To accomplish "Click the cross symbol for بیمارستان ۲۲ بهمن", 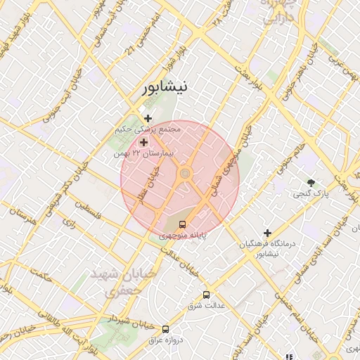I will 143,143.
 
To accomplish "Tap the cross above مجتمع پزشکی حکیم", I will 148,118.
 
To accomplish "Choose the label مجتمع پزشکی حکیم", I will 149,129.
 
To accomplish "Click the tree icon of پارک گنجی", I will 311,182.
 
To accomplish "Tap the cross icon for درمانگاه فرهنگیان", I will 267,233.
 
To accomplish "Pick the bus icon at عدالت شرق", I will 206,295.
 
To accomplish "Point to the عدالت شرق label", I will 205,306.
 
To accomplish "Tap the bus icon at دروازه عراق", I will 165,328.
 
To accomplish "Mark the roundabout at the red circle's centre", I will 185,173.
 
